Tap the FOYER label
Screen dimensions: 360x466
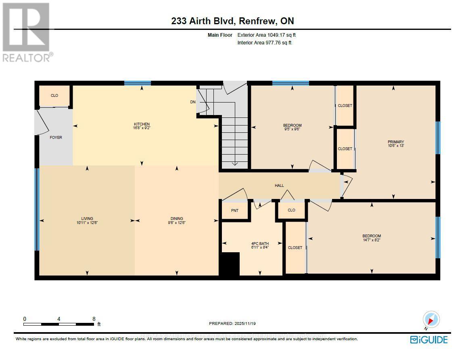56,138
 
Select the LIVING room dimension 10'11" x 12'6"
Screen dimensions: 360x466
87,222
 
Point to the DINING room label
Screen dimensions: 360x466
176,218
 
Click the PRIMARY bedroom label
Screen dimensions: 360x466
395,142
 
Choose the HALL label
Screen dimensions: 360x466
279,186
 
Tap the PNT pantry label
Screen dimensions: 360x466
234,210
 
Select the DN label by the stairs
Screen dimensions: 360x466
193,102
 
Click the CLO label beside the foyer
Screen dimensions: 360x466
54,96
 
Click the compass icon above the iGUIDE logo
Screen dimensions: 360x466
430,320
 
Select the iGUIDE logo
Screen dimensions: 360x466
428,340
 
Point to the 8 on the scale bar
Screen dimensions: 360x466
94,318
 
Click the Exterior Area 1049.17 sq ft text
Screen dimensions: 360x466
269,35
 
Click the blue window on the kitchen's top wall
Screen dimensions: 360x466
137,83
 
